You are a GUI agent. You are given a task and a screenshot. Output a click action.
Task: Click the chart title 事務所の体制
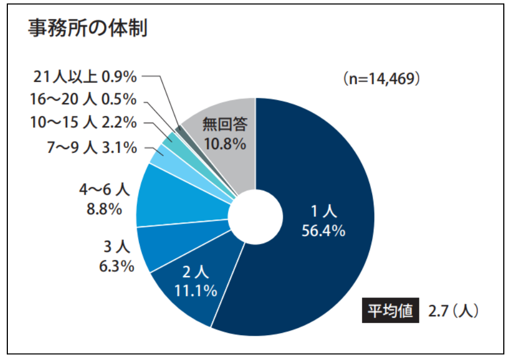(x=87, y=29)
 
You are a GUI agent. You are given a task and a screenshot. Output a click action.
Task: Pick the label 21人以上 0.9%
(x=85, y=76)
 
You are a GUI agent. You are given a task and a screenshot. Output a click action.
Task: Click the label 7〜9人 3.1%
(x=92, y=147)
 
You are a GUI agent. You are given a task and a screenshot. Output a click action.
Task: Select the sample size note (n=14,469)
(x=382, y=78)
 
